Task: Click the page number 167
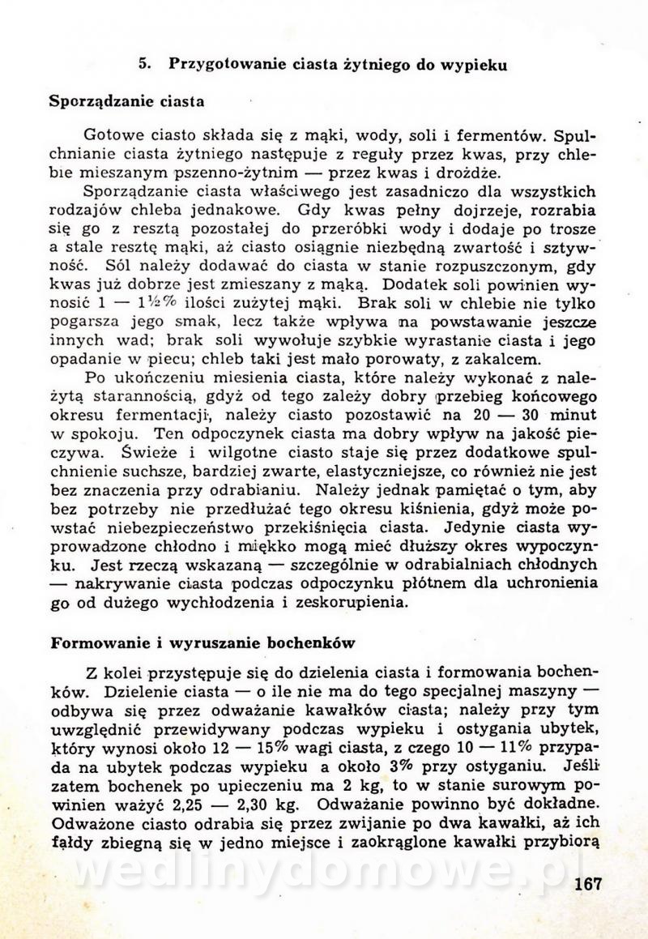coord(587,884)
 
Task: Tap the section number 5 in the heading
coord(142,65)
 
